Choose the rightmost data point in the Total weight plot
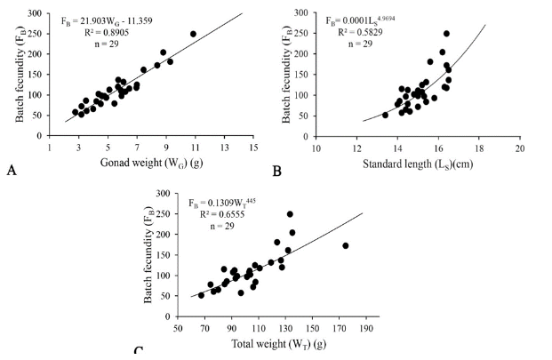[x=346, y=245]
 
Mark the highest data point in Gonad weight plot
[x=193, y=34]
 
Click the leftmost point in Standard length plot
[x=385, y=115]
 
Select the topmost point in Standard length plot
[x=446, y=34]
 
